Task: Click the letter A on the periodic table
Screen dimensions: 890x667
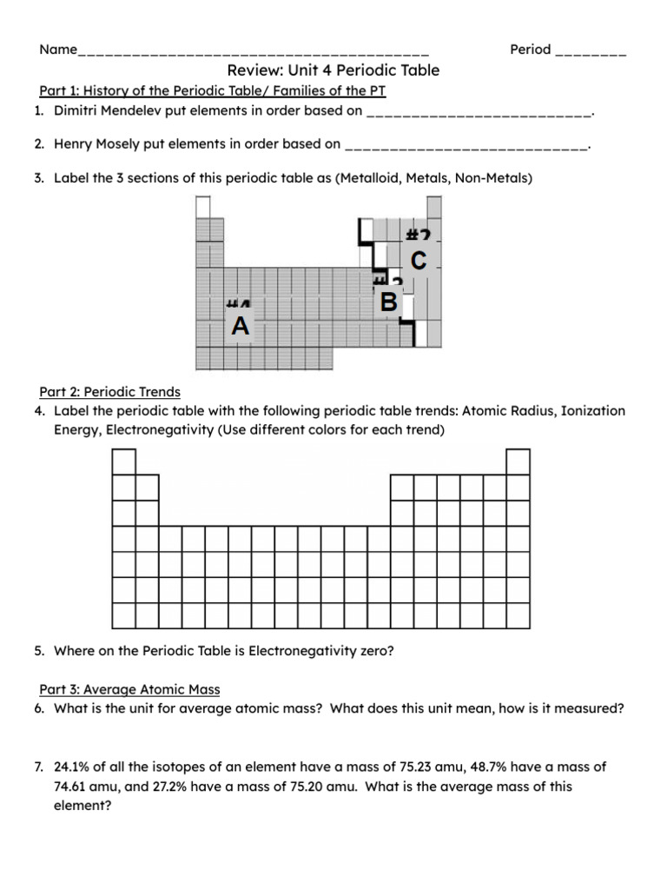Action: [241, 327]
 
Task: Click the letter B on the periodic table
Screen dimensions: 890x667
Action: [389, 302]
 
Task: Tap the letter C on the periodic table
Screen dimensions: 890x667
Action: [418, 260]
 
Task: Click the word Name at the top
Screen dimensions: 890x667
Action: [58, 50]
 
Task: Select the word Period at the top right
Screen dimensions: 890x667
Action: [531, 50]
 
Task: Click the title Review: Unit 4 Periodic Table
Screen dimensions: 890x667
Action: [333, 70]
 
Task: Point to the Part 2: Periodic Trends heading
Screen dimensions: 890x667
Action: [109, 393]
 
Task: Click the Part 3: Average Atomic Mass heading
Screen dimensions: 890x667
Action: [129, 689]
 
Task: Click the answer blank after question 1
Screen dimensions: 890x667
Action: [479, 112]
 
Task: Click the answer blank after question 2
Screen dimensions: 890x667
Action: [466, 145]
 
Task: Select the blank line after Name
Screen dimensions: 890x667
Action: [253, 50]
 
